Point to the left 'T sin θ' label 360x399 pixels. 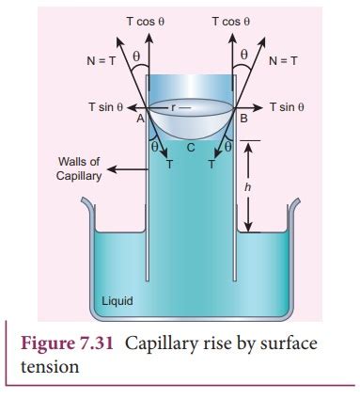[107, 107]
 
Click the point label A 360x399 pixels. [139, 120]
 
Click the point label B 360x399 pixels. [243, 120]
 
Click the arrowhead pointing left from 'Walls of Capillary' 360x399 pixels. [108, 172]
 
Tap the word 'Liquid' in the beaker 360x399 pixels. [117, 302]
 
